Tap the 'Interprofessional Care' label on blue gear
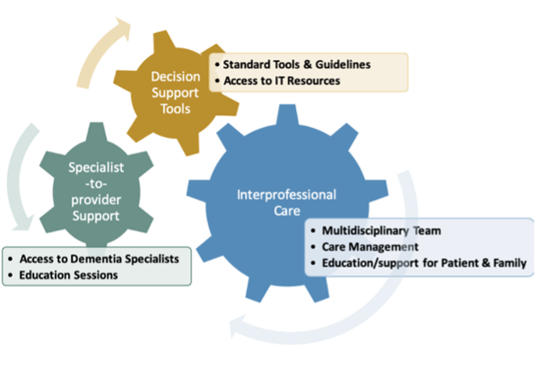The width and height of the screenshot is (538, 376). tap(273, 202)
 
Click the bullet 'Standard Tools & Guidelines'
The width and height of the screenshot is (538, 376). tap(297, 65)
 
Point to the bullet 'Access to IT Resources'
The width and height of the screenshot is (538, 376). tap(283, 81)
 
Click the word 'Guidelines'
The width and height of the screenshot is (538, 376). tap(348, 65)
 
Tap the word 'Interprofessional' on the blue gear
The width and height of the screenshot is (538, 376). tap(273, 194)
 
